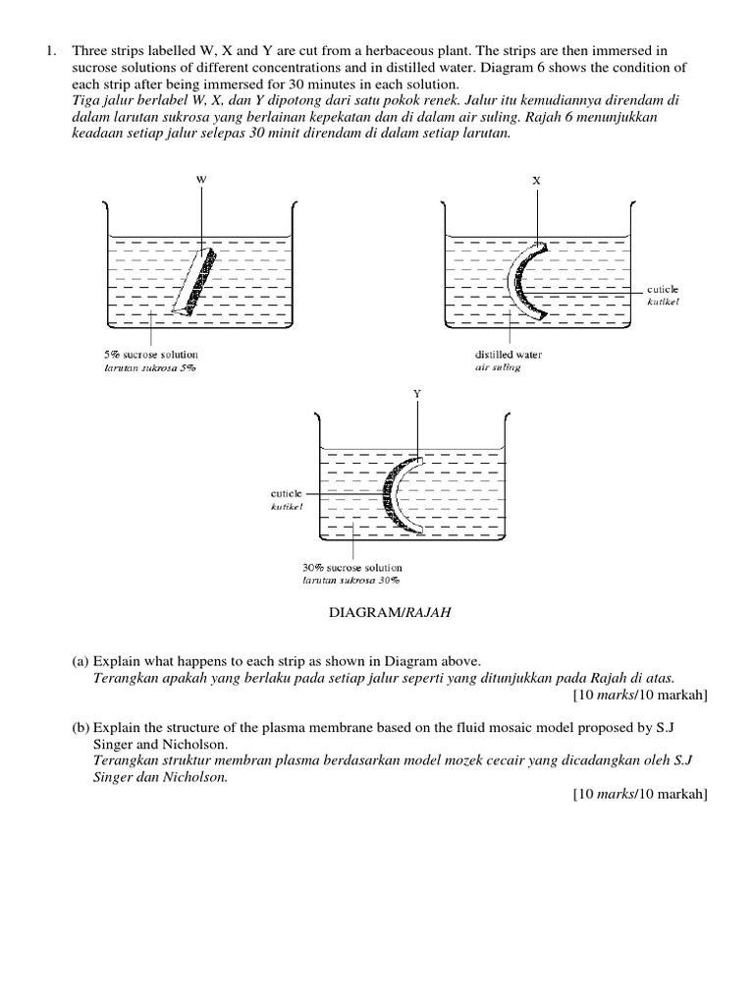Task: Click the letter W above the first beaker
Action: [200, 180]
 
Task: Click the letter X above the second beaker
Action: [537, 181]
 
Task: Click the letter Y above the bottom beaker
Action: [416, 394]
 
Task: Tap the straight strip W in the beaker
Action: [194, 283]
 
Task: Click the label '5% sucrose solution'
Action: [151, 354]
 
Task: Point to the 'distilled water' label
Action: [508, 354]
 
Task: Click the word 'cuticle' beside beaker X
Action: [664, 290]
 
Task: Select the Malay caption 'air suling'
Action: [498, 367]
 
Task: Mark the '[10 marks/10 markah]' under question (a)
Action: [640, 695]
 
